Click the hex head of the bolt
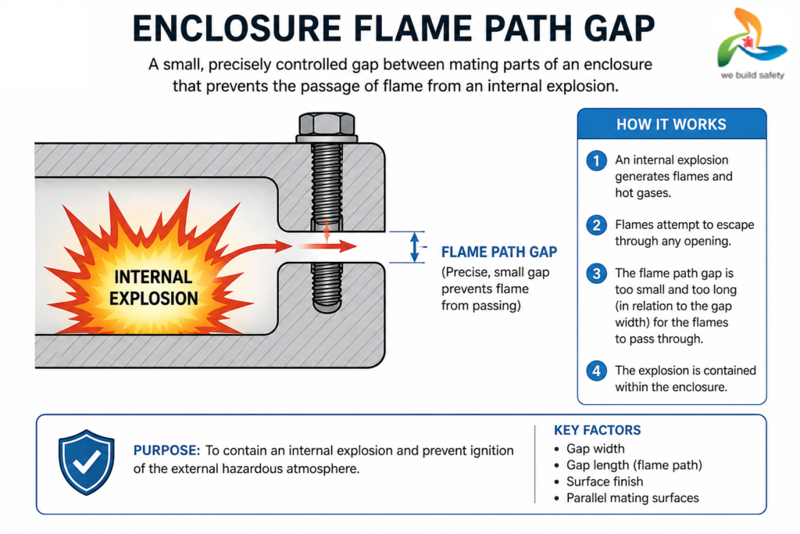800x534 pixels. point(327,124)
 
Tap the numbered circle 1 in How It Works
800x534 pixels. point(596,161)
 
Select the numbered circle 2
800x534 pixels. point(596,225)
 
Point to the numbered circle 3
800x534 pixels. point(596,274)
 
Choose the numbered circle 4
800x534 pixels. point(596,371)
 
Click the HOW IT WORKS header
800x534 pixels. point(671,124)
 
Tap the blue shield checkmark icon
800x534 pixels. point(86,462)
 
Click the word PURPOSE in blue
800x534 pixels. point(166,450)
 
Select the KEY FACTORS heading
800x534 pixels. point(597,430)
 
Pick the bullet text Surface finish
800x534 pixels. point(605,482)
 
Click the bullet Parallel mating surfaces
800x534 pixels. point(633,498)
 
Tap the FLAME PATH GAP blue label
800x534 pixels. point(499,253)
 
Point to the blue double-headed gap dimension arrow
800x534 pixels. point(415,247)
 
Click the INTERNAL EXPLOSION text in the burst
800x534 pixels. point(154,288)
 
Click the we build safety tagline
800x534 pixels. point(752,76)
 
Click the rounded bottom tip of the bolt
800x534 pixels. point(327,307)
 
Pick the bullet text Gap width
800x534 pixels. point(595,449)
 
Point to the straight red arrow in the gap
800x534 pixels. point(327,246)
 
